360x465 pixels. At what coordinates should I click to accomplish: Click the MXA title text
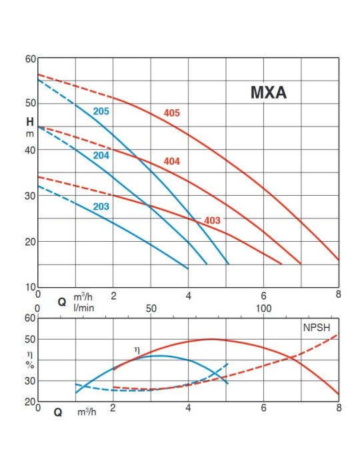(x=269, y=92)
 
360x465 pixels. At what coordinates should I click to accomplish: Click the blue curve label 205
(x=101, y=111)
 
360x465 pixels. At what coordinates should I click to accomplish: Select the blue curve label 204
(x=101, y=155)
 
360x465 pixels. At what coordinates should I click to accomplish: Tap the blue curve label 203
(x=101, y=207)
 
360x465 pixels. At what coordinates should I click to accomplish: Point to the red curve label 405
(x=172, y=113)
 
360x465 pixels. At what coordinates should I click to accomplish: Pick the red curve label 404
(x=172, y=161)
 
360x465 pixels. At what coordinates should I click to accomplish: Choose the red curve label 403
(x=212, y=221)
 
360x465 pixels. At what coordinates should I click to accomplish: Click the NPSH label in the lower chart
(x=317, y=327)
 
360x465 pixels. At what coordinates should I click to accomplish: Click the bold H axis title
(x=30, y=122)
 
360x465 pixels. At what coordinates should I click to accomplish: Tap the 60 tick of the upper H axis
(x=31, y=59)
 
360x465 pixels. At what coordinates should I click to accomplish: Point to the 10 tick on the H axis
(x=31, y=287)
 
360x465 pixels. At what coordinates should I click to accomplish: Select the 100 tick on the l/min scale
(x=263, y=308)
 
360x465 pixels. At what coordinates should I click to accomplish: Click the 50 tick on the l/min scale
(x=151, y=308)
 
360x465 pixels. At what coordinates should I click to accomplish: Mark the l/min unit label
(x=84, y=308)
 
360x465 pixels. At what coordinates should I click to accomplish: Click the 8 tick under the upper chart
(x=339, y=294)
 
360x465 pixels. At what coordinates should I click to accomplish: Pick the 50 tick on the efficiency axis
(x=30, y=339)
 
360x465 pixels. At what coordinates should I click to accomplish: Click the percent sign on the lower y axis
(x=30, y=365)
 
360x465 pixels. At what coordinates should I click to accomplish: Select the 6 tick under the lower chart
(x=263, y=408)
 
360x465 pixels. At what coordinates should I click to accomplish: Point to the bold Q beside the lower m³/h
(x=58, y=412)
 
